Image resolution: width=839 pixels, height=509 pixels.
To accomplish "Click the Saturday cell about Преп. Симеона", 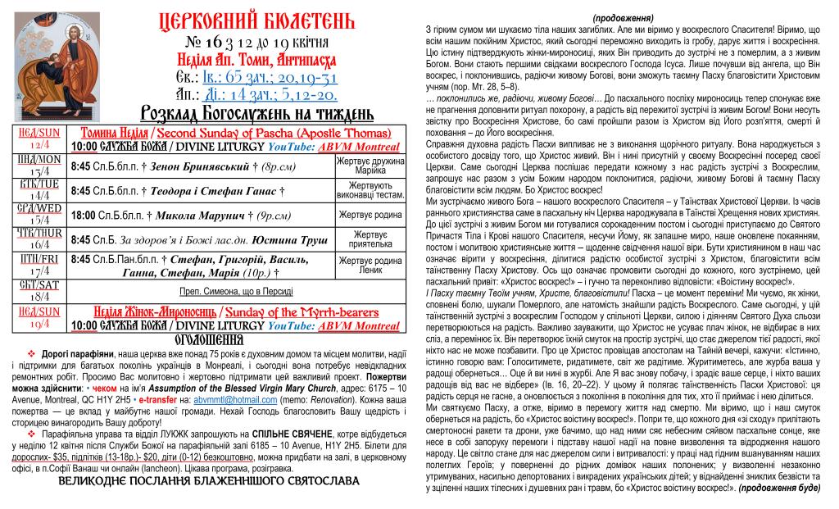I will [237, 291].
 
